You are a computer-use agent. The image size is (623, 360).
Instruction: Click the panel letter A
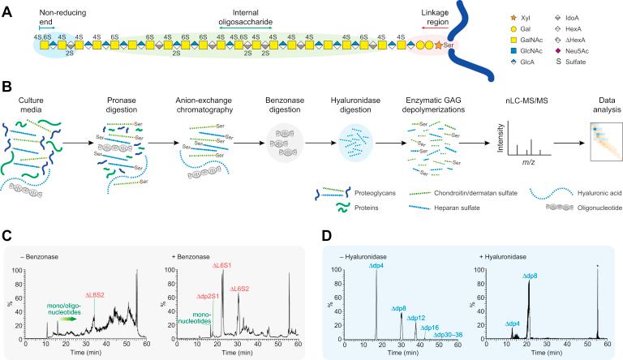(x=6, y=7)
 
